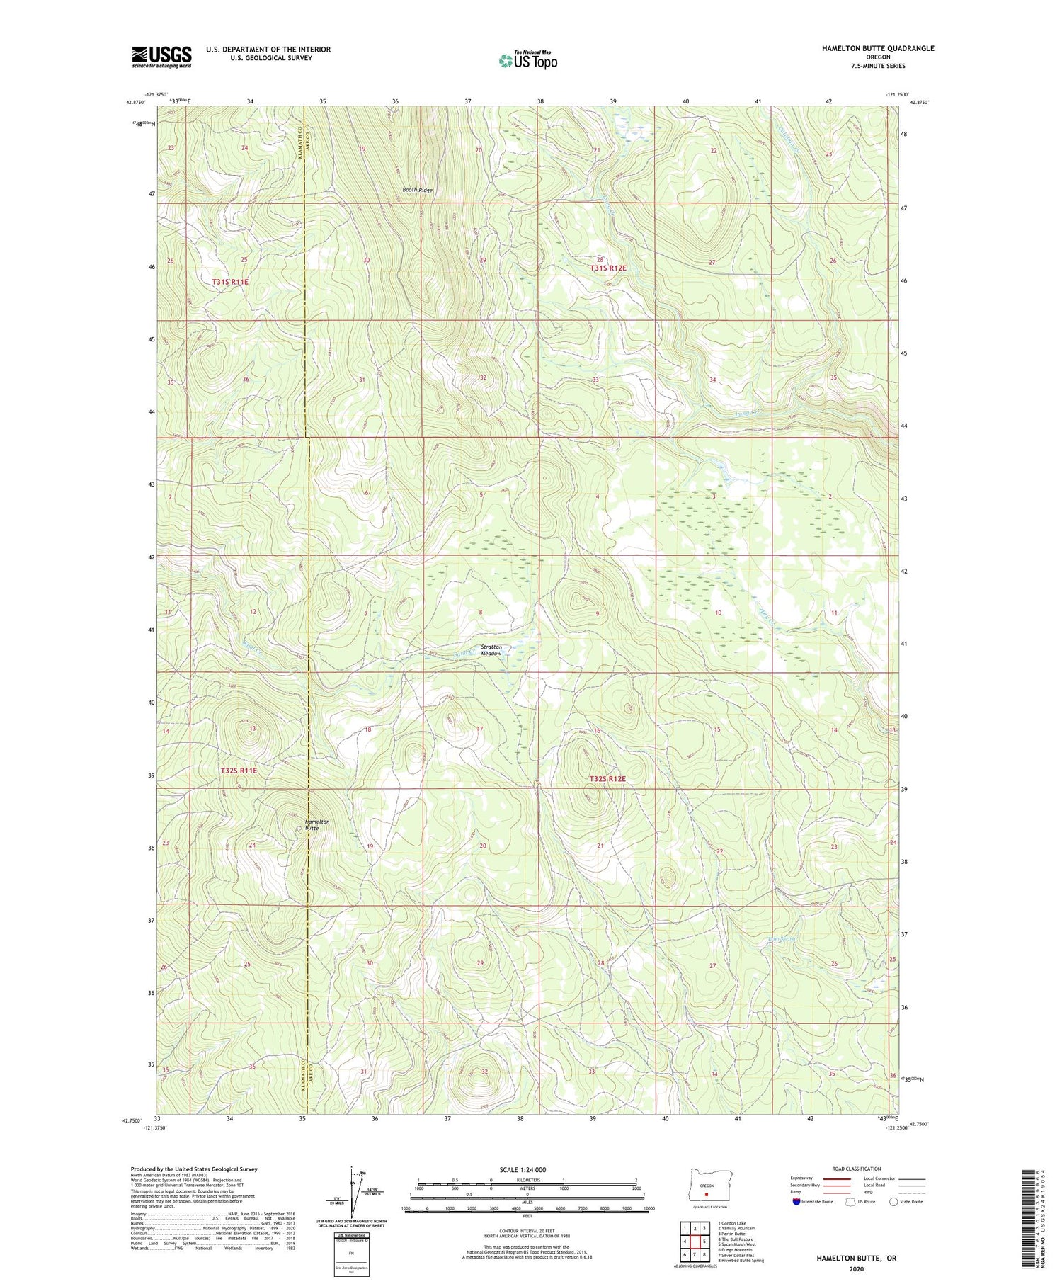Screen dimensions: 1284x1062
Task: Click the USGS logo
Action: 161,57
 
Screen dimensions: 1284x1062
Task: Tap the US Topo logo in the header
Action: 528,61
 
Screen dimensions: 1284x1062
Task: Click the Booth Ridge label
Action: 417,190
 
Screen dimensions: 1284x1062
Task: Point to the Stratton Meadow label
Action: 491,650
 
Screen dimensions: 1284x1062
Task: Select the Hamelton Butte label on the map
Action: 316,824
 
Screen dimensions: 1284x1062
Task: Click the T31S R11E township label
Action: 230,282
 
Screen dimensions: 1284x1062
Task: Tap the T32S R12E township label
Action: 607,779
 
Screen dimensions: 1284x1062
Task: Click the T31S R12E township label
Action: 608,268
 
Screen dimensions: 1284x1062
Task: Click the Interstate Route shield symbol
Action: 796,1202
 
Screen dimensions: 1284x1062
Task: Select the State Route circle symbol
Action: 893,1202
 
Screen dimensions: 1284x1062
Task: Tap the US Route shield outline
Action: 850,1202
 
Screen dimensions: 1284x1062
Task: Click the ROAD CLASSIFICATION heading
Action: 857,1169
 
